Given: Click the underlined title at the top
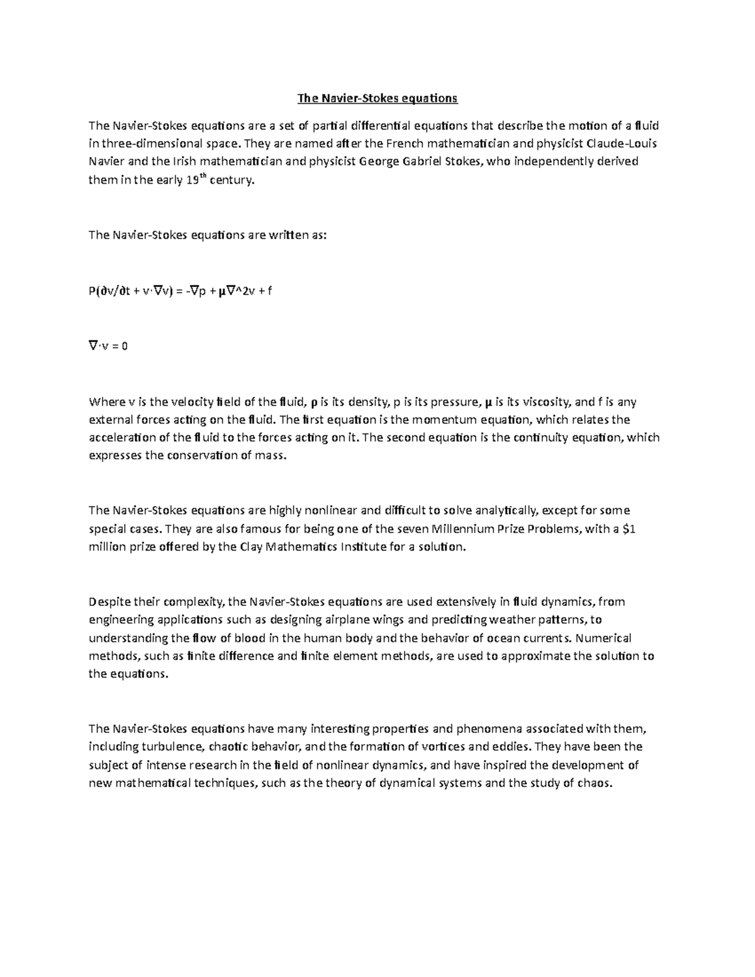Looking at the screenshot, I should [x=377, y=99].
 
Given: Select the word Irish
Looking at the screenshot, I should [x=184, y=162].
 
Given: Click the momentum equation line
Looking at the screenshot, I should [x=181, y=291].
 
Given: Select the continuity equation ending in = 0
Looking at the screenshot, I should [x=108, y=346].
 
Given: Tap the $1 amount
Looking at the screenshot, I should [x=629, y=529].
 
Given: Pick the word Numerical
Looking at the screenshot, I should [x=603, y=639].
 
